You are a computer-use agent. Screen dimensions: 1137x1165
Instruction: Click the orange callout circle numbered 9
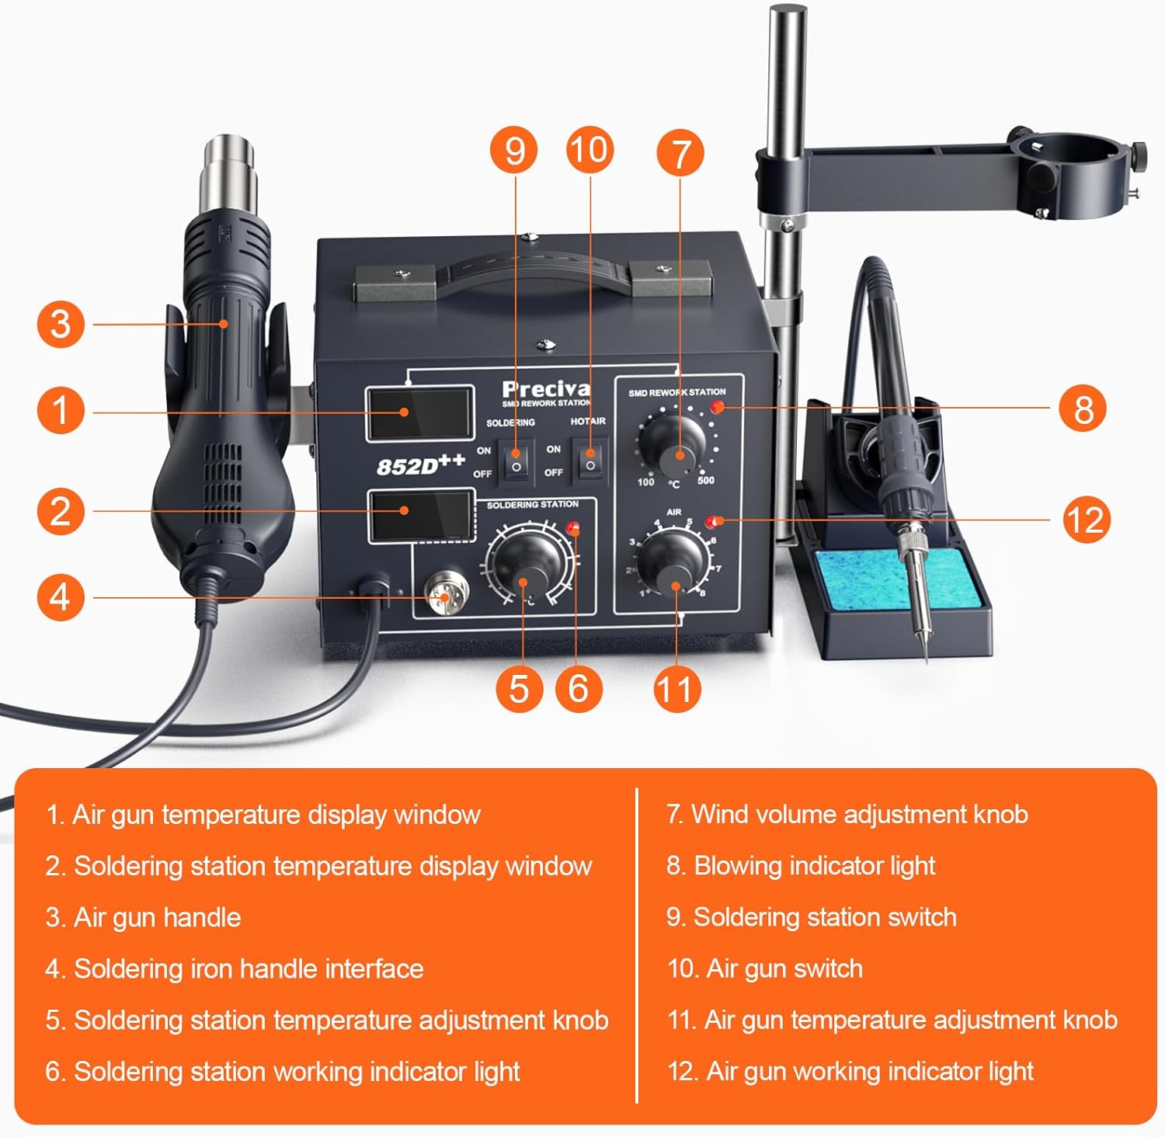(514, 151)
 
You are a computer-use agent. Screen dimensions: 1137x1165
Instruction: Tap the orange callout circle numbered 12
(1086, 520)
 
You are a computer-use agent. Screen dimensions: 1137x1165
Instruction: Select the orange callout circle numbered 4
(60, 597)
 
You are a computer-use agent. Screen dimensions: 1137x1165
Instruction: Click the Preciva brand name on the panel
(545, 389)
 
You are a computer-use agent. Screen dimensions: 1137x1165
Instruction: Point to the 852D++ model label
(419, 464)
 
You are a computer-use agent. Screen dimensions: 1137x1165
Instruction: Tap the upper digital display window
(420, 412)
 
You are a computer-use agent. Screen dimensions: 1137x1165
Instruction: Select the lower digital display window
(420, 516)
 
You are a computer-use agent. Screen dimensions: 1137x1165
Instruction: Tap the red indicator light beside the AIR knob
(712, 521)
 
